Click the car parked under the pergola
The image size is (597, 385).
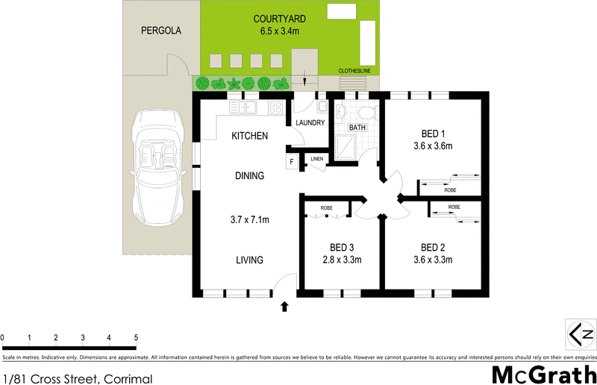[157, 168]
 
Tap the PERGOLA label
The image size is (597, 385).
[161, 31]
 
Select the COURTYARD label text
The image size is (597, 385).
[278, 19]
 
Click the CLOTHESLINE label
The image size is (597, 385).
[354, 72]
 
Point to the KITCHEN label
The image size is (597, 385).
[250, 136]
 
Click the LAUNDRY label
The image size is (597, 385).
[309, 123]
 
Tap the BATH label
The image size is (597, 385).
[357, 128]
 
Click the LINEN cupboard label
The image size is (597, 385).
[316, 159]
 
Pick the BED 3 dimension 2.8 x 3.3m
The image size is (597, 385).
[340, 260]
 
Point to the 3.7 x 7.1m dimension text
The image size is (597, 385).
[249, 219]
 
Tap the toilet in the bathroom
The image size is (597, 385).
[366, 113]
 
